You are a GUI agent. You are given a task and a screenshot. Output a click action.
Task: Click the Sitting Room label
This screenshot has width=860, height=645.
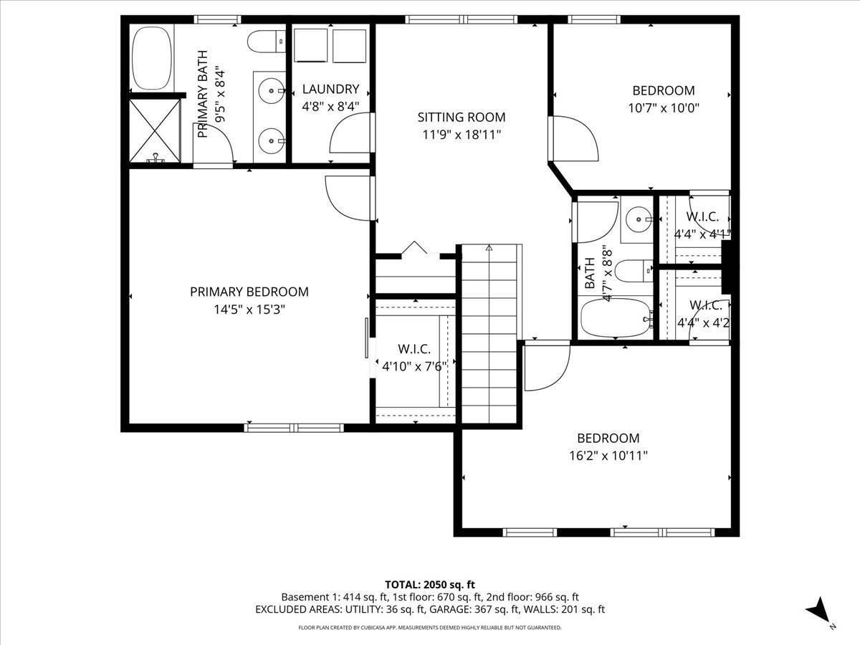[462, 117]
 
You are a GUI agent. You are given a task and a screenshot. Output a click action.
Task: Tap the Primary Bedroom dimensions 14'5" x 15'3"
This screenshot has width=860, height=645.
[249, 310]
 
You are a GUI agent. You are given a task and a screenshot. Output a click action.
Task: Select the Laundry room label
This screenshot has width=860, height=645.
[330, 90]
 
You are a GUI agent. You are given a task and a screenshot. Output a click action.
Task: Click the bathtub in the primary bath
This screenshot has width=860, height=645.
[152, 57]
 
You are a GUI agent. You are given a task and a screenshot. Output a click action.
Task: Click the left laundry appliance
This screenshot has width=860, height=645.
[311, 47]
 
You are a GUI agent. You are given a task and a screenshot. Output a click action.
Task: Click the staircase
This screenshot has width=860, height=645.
[489, 333]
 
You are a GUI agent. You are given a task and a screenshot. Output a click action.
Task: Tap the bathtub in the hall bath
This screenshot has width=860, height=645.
[615, 318]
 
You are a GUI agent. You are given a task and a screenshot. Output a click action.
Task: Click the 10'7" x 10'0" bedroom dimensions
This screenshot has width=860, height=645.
[663, 108]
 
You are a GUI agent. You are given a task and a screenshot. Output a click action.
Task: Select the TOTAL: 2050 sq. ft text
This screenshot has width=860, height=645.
[430, 585]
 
